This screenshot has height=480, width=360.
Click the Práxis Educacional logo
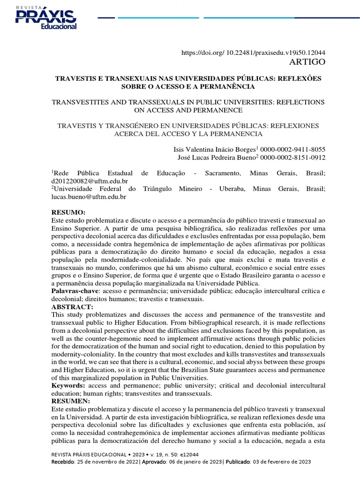tap(46, 18)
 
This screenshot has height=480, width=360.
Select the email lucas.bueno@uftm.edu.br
tap(88, 197)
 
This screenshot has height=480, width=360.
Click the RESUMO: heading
tap(68, 212)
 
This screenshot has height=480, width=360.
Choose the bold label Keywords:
tap(68, 385)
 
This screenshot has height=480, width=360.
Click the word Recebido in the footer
tap(63, 462)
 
